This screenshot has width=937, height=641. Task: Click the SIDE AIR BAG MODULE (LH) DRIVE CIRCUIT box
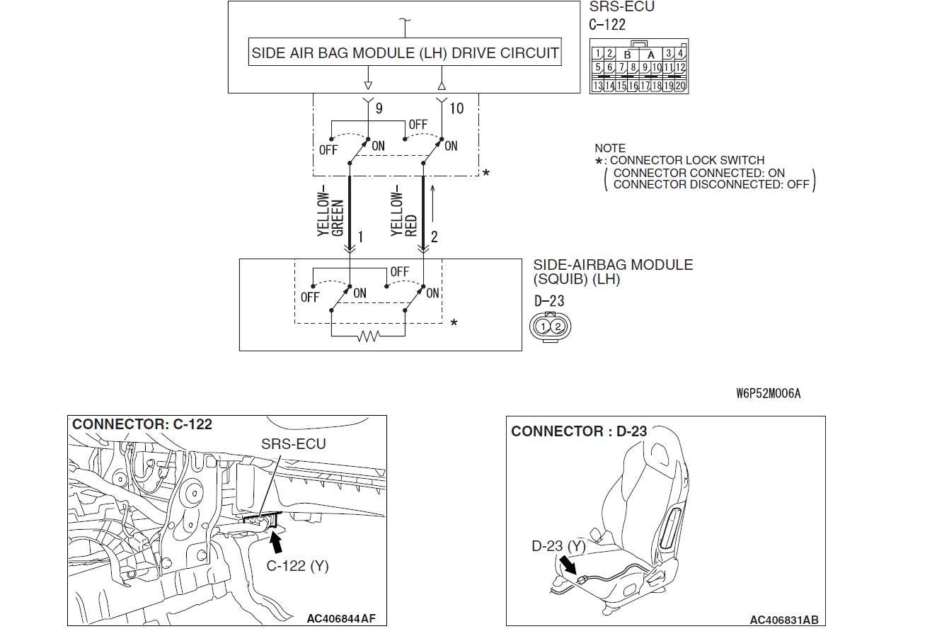point(405,53)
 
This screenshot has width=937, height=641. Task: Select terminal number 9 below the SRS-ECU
point(379,108)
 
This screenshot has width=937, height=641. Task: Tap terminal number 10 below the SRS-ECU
point(456,108)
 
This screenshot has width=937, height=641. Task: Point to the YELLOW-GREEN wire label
point(330,213)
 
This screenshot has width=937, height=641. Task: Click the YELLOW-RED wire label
point(404,213)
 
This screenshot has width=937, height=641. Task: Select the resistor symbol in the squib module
point(368,336)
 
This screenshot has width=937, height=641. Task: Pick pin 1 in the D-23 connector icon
point(543,327)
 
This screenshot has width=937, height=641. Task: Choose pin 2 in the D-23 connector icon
point(558,327)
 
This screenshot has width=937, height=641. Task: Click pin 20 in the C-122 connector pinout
point(680,86)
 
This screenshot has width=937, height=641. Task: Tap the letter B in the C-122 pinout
point(626,55)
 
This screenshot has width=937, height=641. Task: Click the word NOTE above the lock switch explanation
point(609,148)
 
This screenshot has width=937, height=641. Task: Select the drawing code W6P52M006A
point(768,394)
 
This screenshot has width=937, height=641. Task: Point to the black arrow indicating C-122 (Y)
point(277,543)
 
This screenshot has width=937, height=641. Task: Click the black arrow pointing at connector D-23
point(568,565)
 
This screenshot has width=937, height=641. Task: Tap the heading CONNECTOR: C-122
point(142,424)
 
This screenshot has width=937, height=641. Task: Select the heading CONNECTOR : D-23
point(578,431)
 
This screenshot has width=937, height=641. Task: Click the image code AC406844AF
point(341,618)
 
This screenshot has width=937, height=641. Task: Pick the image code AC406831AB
point(783,620)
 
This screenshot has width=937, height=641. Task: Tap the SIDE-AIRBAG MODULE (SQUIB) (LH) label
point(612,272)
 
